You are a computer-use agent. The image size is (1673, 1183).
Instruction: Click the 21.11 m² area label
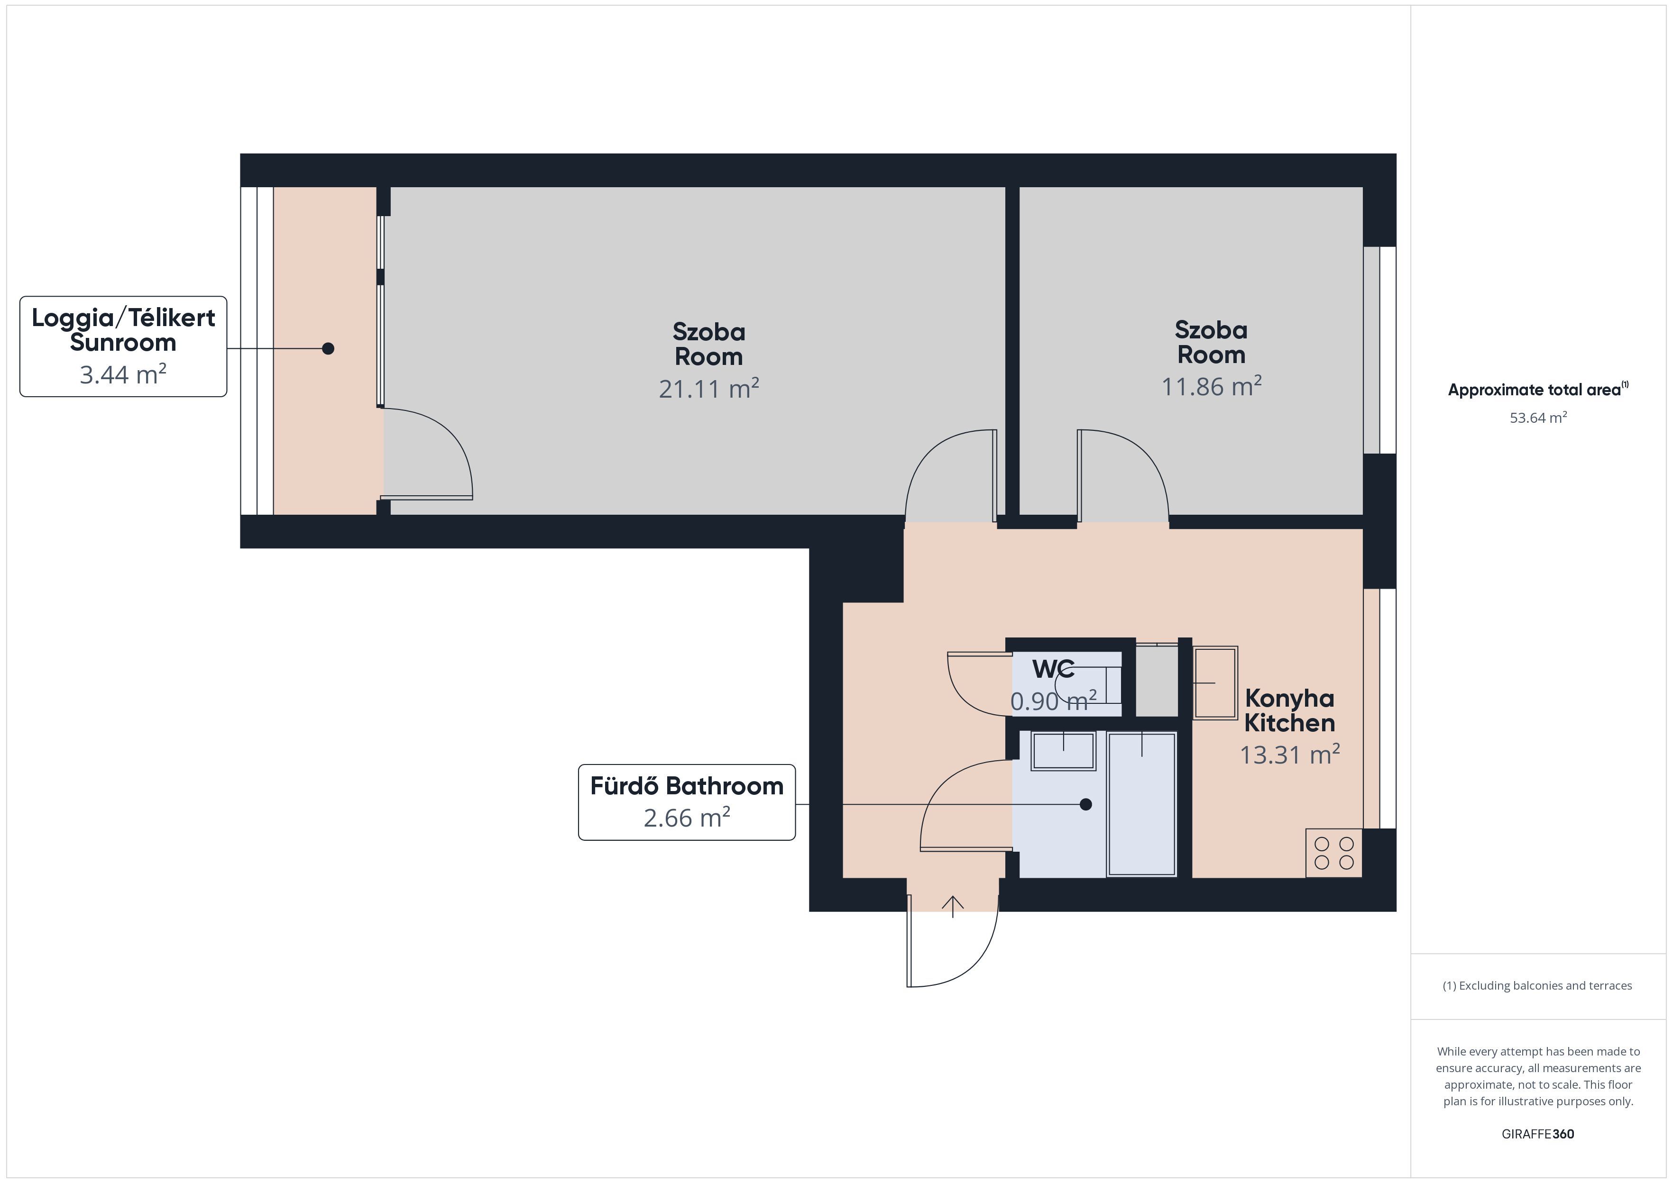tap(709, 388)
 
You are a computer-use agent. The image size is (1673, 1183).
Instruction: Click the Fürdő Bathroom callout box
tap(686, 802)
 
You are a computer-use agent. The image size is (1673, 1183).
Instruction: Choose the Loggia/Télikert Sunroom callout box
tap(123, 347)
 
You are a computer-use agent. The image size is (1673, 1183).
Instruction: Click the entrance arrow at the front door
tap(952, 906)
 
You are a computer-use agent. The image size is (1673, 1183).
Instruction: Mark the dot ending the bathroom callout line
tap(1086, 804)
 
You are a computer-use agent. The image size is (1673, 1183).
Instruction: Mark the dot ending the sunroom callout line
tap(328, 348)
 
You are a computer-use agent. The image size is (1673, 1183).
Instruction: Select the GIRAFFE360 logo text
tap(1537, 1134)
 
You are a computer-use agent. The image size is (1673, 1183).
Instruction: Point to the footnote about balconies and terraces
tap(1537, 985)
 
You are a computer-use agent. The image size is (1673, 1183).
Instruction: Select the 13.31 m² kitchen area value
tap(1290, 754)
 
